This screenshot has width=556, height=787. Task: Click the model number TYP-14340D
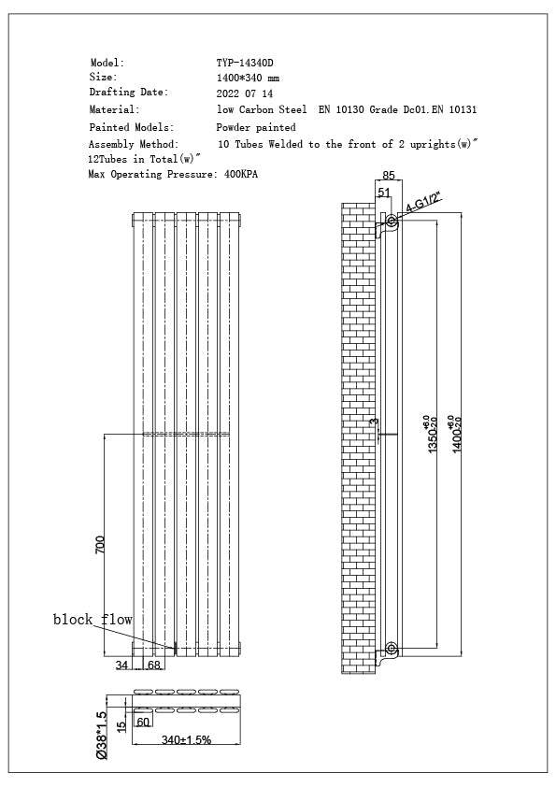coord(245,63)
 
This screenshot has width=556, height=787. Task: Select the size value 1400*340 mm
coord(248,79)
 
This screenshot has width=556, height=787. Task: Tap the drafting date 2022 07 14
coord(245,94)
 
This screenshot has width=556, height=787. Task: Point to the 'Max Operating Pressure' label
coord(149,174)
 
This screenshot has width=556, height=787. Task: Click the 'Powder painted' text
coord(256,127)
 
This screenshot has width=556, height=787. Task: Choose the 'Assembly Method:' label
coord(134,145)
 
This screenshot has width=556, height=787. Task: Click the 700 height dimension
coord(100,544)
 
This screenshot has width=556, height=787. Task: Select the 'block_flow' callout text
coord(93,620)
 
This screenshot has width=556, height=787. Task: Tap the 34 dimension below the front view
coord(121,665)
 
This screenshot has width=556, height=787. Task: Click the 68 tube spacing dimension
coord(153,665)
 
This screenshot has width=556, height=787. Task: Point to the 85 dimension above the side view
coord(390,174)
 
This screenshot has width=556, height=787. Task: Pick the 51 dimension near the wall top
coord(383,193)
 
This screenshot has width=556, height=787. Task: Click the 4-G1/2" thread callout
coord(423,205)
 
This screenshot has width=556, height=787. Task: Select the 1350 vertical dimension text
coord(432,436)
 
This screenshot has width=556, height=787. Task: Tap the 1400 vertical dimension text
coord(456,436)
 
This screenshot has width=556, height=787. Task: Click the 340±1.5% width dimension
coord(186,739)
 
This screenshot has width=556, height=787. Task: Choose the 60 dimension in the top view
coord(143,722)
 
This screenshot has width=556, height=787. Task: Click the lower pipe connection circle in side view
coord(391,648)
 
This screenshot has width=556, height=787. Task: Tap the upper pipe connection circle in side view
coord(391,222)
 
